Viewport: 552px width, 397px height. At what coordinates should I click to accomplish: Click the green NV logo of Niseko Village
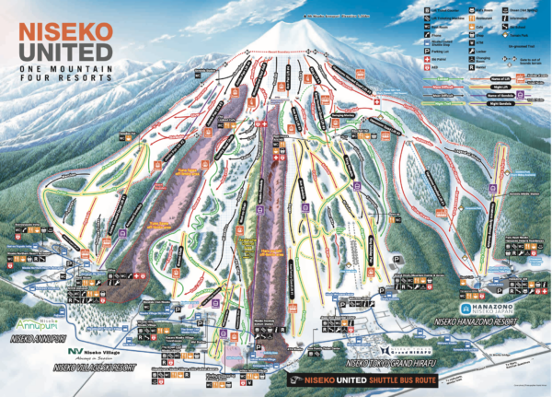pos(75,351)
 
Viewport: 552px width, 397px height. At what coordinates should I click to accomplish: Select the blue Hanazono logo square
pos(466,308)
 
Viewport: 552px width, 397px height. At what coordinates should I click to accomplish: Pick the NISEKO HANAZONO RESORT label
pos(473,325)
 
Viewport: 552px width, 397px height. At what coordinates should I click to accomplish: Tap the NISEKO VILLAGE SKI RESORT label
pos(92,367)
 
